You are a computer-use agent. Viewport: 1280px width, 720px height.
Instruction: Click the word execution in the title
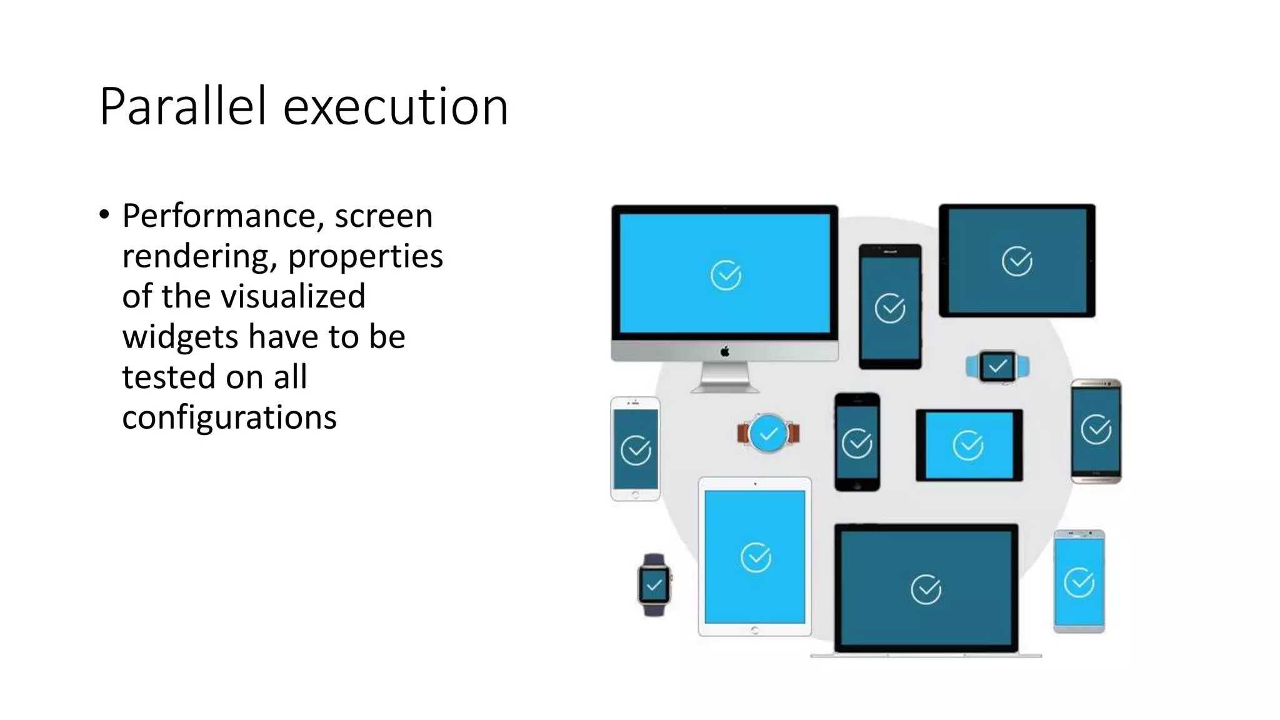point(395,107)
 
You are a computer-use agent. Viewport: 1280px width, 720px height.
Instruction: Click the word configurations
point(229,417)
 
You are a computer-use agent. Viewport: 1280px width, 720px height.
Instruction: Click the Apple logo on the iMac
point(725,351)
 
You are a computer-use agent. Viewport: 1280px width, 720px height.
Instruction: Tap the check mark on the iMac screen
point(726,275)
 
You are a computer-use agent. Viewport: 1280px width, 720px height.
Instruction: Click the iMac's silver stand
point(725,377)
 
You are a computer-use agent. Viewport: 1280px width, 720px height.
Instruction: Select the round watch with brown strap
point(768,433)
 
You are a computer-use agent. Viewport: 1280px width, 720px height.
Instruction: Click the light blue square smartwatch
point(997,367)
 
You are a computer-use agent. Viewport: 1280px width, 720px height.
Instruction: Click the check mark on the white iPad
point(756,557)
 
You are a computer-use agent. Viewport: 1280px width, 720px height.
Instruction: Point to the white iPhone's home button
point(636,495)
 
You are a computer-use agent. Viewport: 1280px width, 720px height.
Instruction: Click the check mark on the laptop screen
point(926,589)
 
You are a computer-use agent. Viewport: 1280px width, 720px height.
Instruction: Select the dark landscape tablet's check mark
point(1017,261)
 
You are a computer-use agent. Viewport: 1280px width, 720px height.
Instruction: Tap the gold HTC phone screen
point(1096,430)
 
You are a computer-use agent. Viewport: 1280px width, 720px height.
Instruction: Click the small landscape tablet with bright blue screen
point(969,445)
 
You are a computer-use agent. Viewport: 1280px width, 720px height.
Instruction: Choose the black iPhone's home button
point(857,485)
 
